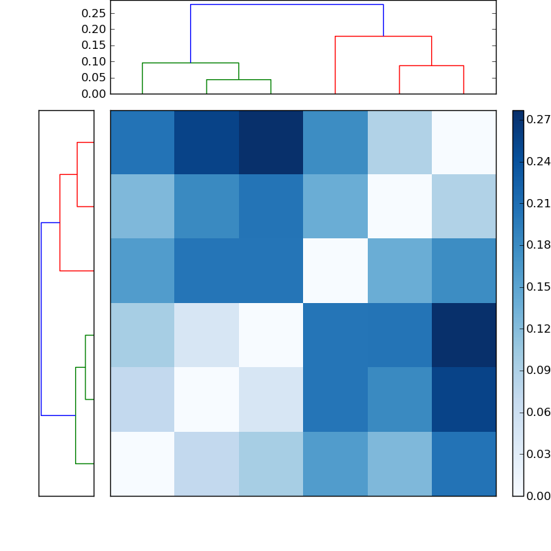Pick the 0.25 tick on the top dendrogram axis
94,13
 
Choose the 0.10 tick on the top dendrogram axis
94,61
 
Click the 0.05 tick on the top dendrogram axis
94,77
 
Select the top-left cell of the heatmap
142,142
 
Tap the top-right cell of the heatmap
464,142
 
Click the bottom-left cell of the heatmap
142,464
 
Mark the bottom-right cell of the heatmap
464,464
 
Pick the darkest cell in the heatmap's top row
271,142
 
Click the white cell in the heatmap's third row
335,271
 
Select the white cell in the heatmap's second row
399,206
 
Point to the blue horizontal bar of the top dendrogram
287,5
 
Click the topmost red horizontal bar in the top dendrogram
383,36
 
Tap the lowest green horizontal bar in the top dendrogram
238,80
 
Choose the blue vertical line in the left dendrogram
41,319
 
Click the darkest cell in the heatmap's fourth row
464,335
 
